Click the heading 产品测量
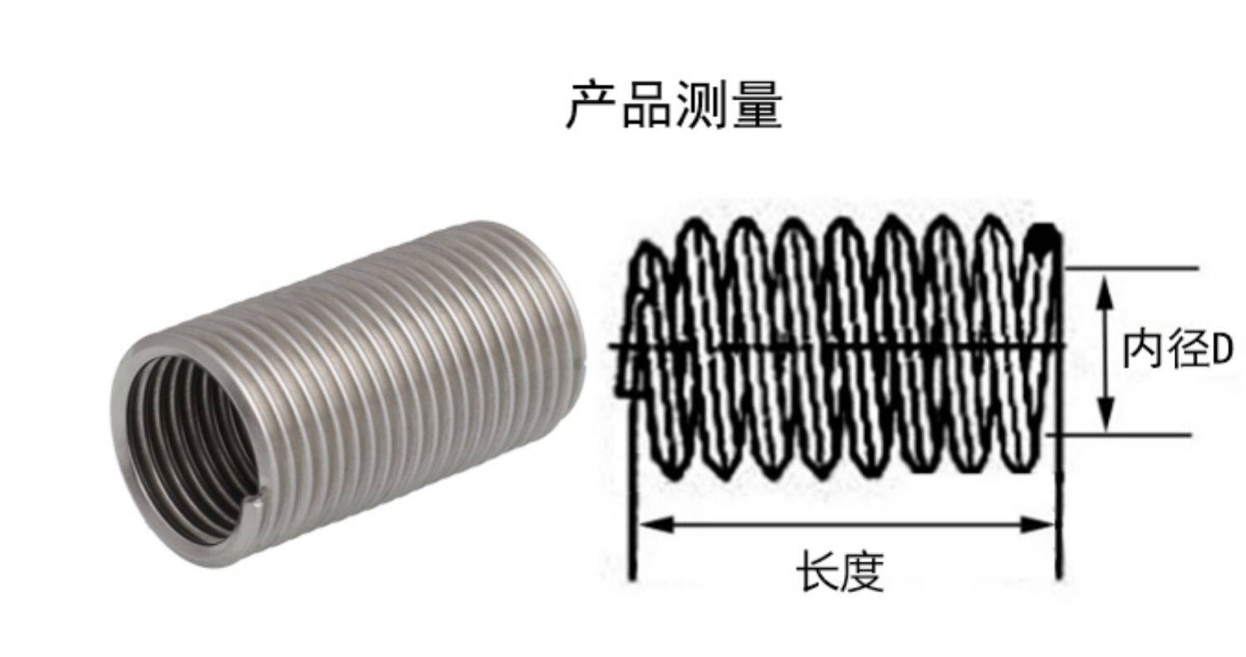click(674, 105)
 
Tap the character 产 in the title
click(592, 105)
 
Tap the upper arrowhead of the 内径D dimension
click(1106, 287)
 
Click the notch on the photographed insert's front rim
click(257, 499)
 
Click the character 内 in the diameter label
click(1142, 350)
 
